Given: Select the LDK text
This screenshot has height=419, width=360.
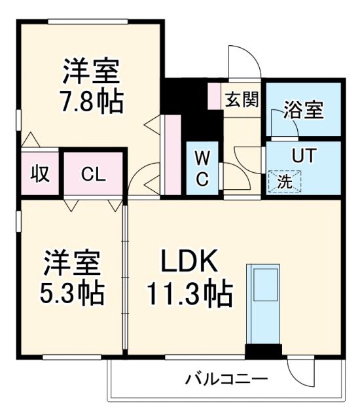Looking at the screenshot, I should [190, 262].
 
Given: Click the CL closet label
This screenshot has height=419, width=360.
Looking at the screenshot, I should [93, 174].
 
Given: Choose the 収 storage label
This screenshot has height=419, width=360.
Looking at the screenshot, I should [39, 174].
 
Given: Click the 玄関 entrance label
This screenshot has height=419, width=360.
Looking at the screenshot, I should [242, 100].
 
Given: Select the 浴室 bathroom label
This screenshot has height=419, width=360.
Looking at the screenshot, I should [303, 110].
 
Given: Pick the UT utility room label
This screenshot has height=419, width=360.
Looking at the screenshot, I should [304, 156].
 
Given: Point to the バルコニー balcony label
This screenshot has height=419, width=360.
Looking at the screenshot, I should [226, 379].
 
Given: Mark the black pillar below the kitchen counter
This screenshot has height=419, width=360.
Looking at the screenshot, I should [262, 352].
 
